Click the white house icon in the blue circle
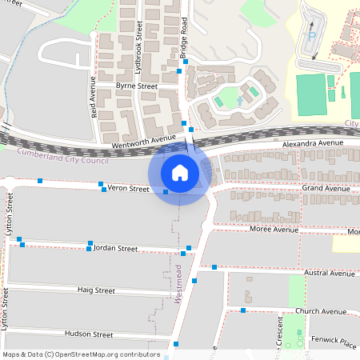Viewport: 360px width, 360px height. tap(180, 172)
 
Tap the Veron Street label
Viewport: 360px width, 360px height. tap(129, 189)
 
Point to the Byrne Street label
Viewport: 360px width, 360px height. tap(136, 85)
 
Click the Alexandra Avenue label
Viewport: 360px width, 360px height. tap(313, 142)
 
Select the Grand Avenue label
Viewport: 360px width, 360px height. tap(326, 188)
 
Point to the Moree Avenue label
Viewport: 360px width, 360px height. tap(274, 229)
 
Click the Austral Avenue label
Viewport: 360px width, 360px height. tap(330, 273)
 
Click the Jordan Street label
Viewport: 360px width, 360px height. tap(116, 249)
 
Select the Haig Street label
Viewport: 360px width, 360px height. tap(96, 290)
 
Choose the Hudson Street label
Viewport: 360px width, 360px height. tap(89, 334)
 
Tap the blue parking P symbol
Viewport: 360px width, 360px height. tap(310, 34)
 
